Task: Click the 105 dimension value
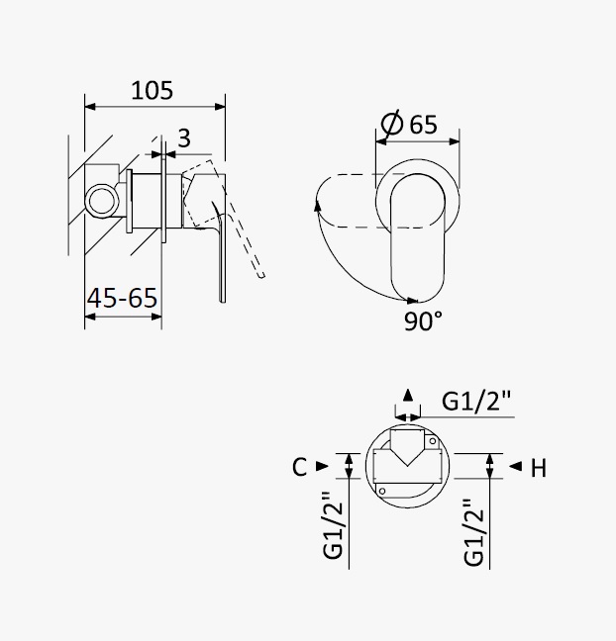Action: tap(152, 90)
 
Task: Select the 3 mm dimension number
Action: tap(184, 138)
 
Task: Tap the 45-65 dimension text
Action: tap(122, 298)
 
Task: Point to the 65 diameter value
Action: tap(423, 125)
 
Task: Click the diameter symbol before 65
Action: tap(392, 123)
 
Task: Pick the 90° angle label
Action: tap(423, 320)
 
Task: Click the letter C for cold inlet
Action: tap(299, 467)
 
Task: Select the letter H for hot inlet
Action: tap(538, 468)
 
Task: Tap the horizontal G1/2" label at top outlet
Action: tap(476, 401)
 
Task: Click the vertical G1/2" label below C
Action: tap(333, 524)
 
